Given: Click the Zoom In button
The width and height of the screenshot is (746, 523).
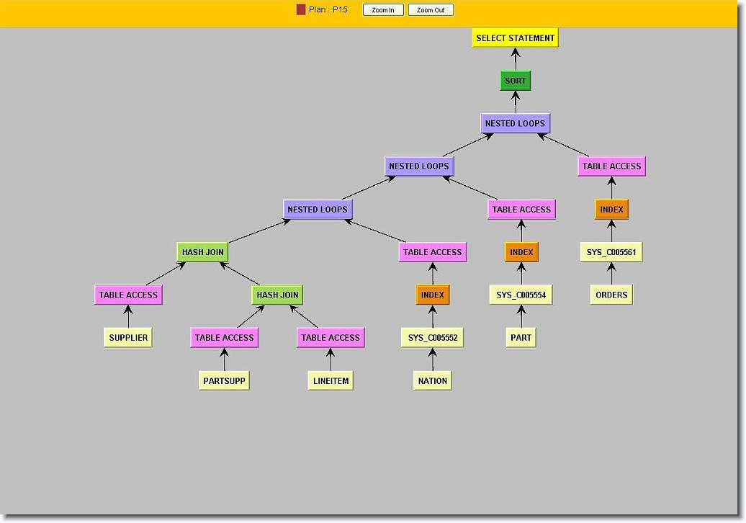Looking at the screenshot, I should pyautogui.click(x=383, y=10).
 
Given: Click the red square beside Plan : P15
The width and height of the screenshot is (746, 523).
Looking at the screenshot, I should pyautogui.click(x=301, y=10).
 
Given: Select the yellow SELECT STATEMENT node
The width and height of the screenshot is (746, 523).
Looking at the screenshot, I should pyautogui.click(x=515, y=38).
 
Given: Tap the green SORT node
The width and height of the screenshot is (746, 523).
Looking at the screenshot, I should pyautogui.click(x=515, y=81).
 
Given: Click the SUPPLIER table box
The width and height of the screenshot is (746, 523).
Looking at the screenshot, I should pyautogui.click(x=128, y=338).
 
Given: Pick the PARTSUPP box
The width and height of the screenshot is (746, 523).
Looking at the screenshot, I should pyautogui.click(x=224, y=380).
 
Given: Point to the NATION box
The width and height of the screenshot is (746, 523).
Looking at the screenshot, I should pyautogui.click(x=432, y=380).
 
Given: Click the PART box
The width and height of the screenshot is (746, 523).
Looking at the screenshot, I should pyautogui.click(x=521, y=338).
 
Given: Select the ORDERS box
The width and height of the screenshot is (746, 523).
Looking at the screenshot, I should pyautogui.click(x=611, y=295).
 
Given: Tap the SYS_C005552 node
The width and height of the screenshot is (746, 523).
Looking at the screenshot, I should pyautogui.click(x=432, y=338).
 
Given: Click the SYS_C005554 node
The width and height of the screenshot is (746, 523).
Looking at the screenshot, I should pyautogui.click(x=521, y=295).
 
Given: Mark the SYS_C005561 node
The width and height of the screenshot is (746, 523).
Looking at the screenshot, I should pyautogui.click(x=611, y=252).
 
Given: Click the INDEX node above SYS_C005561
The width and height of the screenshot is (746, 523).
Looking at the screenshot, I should pyautogui.click(x=611, y=210).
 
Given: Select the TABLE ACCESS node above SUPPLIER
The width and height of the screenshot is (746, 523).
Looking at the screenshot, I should pyautogui.click(x=128, y=295).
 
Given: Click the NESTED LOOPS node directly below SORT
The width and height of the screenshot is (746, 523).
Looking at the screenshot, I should pyautogui.click(x=515, y=123).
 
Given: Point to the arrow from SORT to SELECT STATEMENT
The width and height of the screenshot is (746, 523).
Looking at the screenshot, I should pyautogui.click(x=515, y=59).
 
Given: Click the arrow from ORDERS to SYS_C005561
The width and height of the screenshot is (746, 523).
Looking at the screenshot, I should pyautogui.click(x=611, y=274).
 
